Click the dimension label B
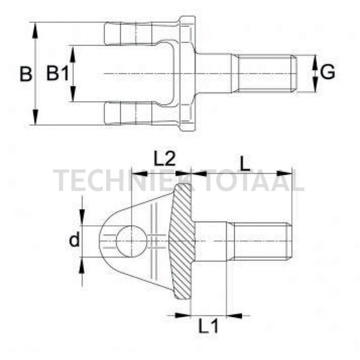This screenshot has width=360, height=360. click(25, 74)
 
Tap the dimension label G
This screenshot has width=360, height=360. click(328, 72)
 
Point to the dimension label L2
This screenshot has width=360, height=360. click(164, 160)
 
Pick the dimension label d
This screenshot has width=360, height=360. click(74, 240)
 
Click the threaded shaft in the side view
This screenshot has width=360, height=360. click(260, 240)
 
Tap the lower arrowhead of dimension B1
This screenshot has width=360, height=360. click(73, 97)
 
